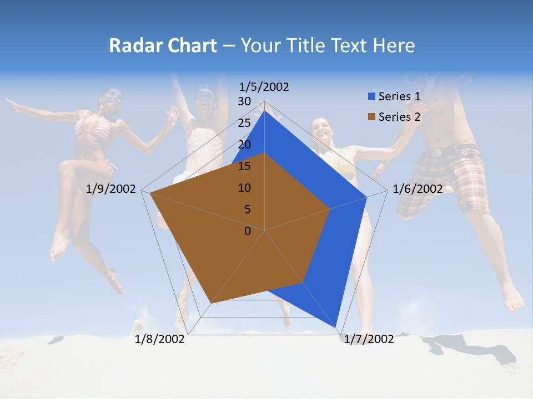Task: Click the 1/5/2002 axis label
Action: click(264, 87)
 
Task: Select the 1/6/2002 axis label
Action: click(418, 189)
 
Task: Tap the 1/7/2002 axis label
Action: click(369, 339)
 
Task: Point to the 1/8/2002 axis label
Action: click(160, 339)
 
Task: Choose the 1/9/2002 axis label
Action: click(111, 189)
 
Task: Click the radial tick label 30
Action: click(244, 101)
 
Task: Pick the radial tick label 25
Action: click(244, 123)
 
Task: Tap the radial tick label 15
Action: click(244, 166)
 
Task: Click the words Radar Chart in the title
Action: click(163, 45)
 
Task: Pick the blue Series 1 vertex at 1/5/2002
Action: click(265, 110)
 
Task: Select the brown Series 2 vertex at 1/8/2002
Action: click(211, 303)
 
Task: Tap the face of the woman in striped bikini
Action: click(112, 99)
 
